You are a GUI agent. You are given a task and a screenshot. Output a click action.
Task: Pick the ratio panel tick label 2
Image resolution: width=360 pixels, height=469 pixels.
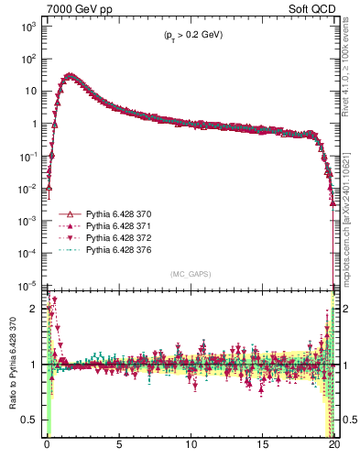point(35,309)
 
